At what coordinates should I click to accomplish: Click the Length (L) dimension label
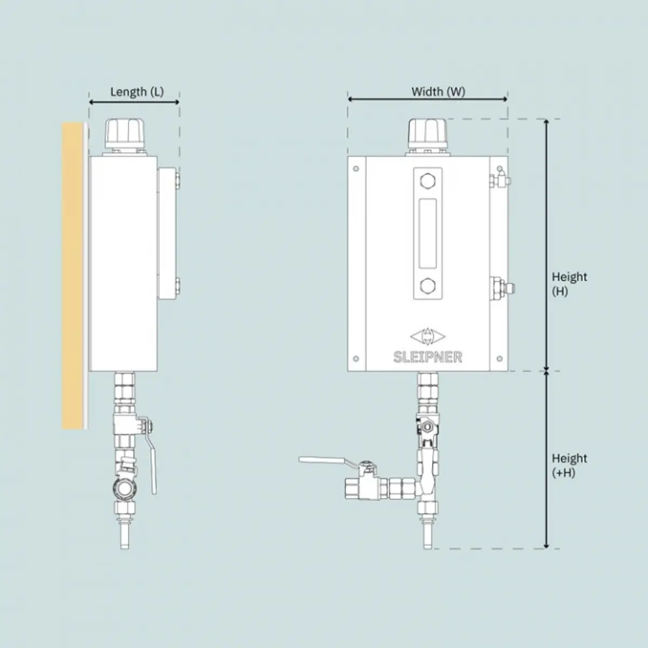pos(137,92)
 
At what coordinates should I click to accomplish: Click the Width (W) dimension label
pos(438,91)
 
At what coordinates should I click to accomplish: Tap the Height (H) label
pos(569,284)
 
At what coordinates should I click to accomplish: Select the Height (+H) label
pos(569,465)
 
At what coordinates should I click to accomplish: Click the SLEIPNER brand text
pos(428,357)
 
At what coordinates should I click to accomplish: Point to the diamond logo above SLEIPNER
pos(428,336)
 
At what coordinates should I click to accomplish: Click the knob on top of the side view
pos(124,133)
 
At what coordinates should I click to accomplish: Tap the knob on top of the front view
pos(428,133)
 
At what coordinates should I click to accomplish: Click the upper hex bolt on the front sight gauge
pos(428,181)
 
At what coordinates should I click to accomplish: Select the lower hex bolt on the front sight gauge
pos(428,286)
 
